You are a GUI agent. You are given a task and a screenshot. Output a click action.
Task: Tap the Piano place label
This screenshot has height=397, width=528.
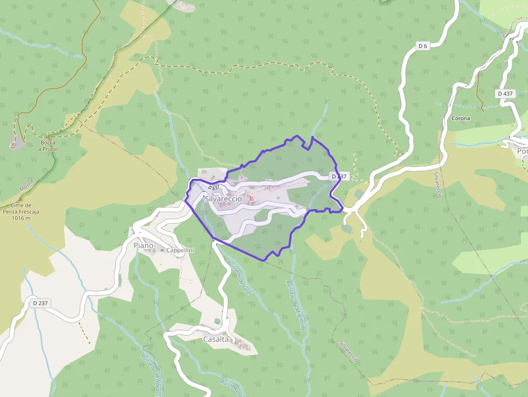click(x=143, y=246)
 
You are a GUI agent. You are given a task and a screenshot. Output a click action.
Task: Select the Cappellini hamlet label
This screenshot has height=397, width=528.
click(x=180, y=250)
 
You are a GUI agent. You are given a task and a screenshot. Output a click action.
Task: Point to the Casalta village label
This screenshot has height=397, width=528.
click(x=216, y=339)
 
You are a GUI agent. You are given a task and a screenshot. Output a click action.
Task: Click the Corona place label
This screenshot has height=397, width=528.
click(x=461, y=119)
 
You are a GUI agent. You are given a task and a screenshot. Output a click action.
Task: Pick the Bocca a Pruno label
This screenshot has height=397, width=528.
click(x=47, y=146)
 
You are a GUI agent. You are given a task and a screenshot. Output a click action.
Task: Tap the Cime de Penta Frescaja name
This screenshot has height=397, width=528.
click(x=25, y=208)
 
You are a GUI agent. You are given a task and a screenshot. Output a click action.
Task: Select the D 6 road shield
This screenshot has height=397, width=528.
click(x=422, y=46)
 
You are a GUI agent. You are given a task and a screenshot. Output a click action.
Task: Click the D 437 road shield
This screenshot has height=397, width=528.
click(x=505, y=94)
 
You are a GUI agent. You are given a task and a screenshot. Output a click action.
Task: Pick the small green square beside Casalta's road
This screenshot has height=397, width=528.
click(x=217, y=322)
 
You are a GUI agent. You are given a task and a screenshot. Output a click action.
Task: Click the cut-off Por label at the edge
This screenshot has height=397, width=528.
click(x=522, y=151)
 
